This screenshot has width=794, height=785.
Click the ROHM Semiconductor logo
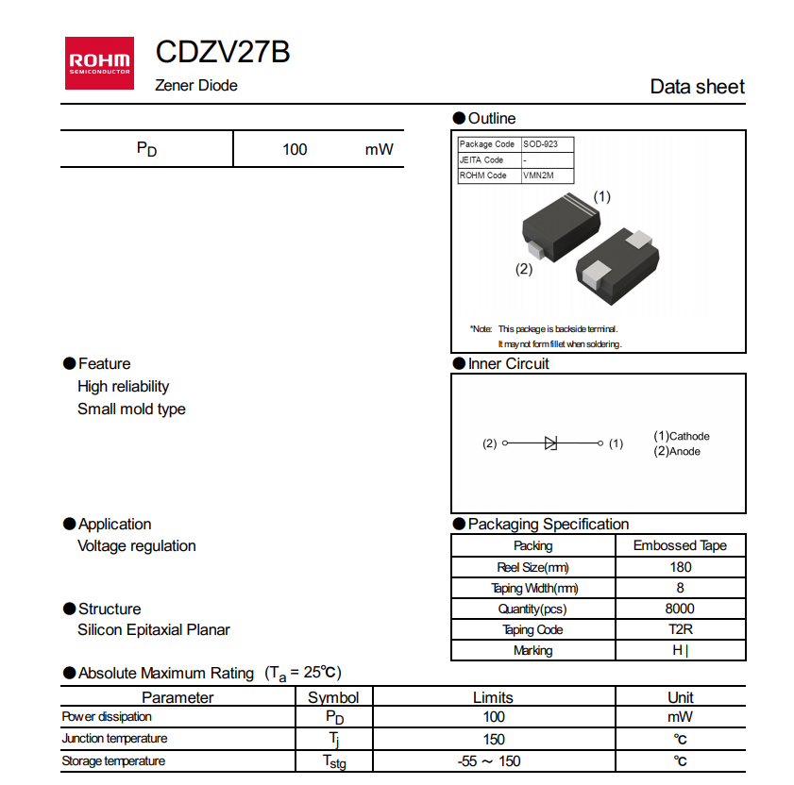99,63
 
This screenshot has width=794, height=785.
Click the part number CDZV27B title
223,52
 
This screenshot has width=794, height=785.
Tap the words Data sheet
697,87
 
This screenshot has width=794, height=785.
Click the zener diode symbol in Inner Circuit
551,443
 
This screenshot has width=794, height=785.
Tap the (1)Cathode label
682,436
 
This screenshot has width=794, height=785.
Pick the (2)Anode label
677,451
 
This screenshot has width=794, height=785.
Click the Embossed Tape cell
680,545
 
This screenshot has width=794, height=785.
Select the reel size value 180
680,567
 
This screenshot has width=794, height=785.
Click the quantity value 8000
680,609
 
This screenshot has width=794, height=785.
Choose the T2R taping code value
680,629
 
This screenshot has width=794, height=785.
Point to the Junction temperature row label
114,739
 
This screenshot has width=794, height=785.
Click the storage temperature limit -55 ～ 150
493,761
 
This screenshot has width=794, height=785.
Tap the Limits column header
493,697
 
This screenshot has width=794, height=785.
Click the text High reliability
124,386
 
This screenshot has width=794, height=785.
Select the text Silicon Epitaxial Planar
154,629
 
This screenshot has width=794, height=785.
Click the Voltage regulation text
137,545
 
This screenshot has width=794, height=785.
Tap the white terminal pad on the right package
599,274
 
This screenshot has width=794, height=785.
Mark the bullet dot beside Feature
69,363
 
